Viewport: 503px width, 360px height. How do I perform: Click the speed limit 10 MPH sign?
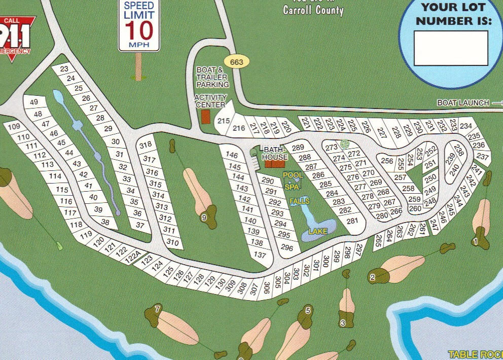tap(139, 25)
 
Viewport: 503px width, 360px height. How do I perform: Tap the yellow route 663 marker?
tap(236, 62)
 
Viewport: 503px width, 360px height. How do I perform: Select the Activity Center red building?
tap(205, 116)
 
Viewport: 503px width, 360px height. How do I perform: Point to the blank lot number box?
tap(450, 48)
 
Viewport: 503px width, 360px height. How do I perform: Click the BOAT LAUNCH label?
tap(463, 103)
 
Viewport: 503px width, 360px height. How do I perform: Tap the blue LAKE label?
tap(318, 232)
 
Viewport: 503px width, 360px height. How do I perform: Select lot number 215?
tap(224, 121)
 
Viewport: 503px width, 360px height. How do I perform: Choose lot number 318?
tap(146, 145)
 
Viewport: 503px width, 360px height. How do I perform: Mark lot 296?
tap(287, 248)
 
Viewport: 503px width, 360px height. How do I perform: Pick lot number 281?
tap(352, 221)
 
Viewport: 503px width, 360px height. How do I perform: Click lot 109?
tap(14, 126)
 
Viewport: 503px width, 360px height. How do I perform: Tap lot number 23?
tap(64, 69)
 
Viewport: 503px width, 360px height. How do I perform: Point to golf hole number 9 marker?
tap(204, 218)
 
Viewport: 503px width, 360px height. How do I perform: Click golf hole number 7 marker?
tap(158, 309)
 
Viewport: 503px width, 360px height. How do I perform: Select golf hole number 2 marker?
tap(373, 277)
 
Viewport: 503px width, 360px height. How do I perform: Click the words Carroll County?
tap(313, 10)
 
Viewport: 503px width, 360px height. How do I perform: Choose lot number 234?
tap(465, 126)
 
